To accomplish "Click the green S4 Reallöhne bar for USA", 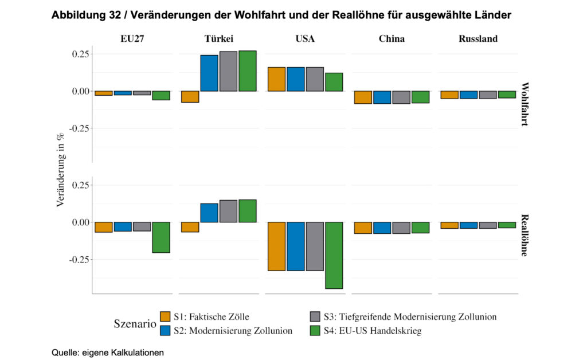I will [334, 255].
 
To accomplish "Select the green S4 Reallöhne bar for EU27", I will [161, 237].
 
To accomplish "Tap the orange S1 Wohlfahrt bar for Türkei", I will [190, 97].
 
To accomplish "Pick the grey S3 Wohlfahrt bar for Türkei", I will [228, 71].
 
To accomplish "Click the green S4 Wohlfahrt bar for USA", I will [334, 82].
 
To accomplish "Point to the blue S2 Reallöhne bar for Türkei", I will [209, 213].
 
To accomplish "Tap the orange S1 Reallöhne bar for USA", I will [277, 246].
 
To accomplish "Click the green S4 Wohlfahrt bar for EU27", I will [161, 96].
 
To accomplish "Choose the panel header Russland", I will [478, 39].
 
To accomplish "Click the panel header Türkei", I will [218, 39].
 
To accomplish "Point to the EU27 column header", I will [132, 39].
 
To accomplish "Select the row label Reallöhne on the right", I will [525, 235].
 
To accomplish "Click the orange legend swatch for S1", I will [165, 316].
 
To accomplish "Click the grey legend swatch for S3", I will [314, 316].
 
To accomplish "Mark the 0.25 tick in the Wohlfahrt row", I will [79, 54].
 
